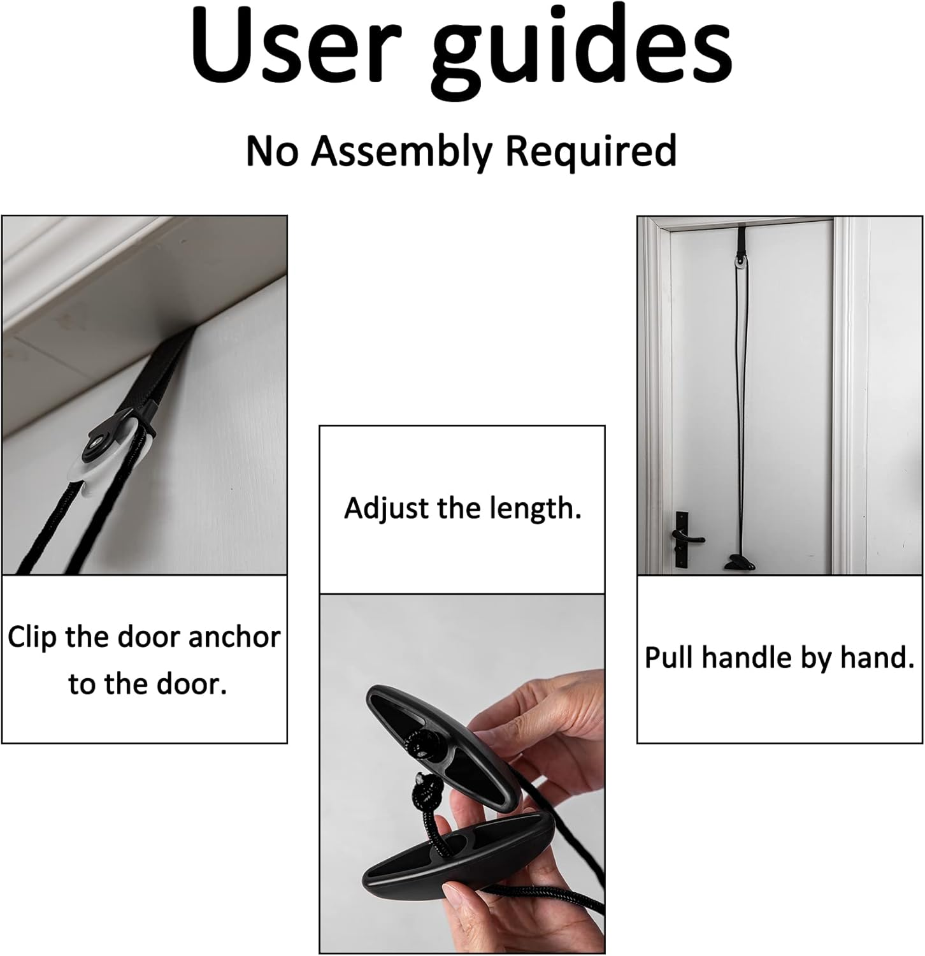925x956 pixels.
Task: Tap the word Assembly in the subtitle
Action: pos(404,152)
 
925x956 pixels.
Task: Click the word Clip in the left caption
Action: pos(32,638)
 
